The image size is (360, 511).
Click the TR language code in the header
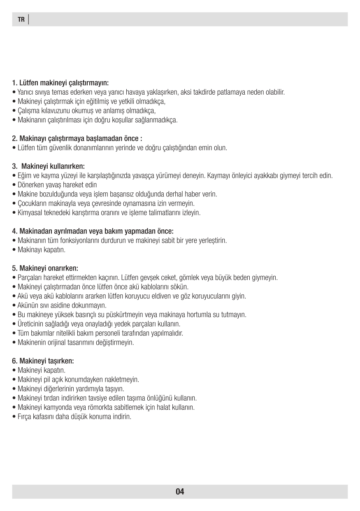click(x=21, y=20)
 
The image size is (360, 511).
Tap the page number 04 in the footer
click(x=180, y=492)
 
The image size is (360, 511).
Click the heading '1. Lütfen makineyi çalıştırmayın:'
click(x=60, y=83)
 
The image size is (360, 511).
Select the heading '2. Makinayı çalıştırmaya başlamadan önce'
click(x=77, y=138)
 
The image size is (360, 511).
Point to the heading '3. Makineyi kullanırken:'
click(x=49, y=166)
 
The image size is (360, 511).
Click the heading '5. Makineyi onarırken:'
click(x=45, y=268)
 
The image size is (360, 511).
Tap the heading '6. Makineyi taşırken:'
click(x=43, y=361)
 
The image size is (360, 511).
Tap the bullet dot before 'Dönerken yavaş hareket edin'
click(x=14, y=185)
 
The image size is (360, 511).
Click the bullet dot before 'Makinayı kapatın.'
click(x=14, y=250)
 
